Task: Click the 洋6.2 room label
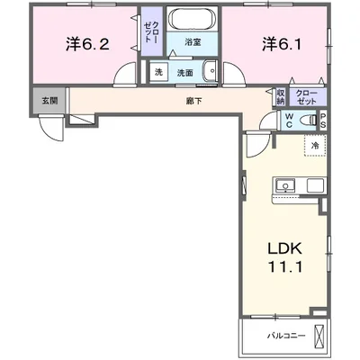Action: pyautogui.click(x=87, y=44)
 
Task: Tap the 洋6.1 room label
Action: pyautogui.click(x=282, y=44)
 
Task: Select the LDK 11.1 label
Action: pyautogui.click(x=284, y=257)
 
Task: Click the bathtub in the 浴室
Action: pyautogui.click(x=192, y=19)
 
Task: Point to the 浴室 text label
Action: pyautogui.click(x=193, y=42)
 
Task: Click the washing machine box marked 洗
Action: pyautogui.click(x=158, y=72)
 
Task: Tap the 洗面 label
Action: pyautogui.click(x=184, y=73)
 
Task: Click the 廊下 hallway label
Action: pyautogui.click(x=193, y=101)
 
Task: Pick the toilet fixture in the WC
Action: pyautogui.click(x=308, y=121)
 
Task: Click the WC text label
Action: pyautogui.click(x=289, y=121)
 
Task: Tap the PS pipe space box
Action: pyautogui.click(x=323, y=121)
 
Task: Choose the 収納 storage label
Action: pyautogui.click(x=281, y=97)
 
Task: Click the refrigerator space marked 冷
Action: pyautogui.click(x=315, y=146)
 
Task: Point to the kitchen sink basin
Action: pyautogui.click(x=285, y=184)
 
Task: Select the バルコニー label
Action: pyautogui.click(x=286, y=336)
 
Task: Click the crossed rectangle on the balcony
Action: pyautogui.click(x=319, y=337)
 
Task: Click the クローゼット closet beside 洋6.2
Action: pyautogui.click(x=151, y=31)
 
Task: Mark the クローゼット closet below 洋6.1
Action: pyautogui.click(x=308, y=97)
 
